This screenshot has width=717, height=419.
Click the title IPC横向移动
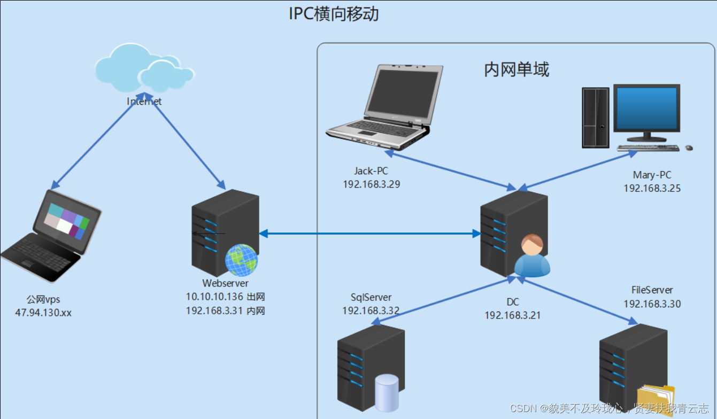(334, 13)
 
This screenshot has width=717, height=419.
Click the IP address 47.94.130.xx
(43, 313)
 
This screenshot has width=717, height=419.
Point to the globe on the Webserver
(241, 260)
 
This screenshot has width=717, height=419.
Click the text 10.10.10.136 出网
(225, 297)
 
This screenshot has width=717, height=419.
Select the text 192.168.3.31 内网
(225, 311)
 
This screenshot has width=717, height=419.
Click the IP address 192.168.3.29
(371, 184)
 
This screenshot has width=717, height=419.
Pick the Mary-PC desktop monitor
(646, 110)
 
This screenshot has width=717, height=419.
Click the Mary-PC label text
(652, 175)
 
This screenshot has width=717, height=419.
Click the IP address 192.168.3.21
(513, 315)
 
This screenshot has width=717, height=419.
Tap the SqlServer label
(371, 298)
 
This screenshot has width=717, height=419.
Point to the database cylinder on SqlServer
(387, 393)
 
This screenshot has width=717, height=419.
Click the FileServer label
(652, 290)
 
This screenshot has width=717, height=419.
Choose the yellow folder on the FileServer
(656, 400)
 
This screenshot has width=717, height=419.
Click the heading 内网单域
(516, 69)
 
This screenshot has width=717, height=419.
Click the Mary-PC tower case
(596, 118)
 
